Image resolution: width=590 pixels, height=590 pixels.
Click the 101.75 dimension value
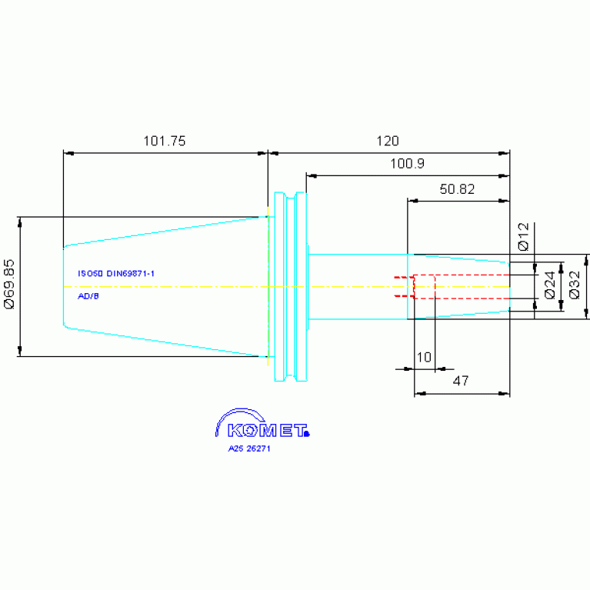coord(165,141)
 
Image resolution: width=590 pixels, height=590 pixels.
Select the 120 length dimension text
coord(388,141)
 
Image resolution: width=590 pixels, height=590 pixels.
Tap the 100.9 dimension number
coord(407,164)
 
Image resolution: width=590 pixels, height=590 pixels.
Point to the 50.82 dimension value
coord(457,189)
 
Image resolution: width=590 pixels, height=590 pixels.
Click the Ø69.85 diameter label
coord(9,284)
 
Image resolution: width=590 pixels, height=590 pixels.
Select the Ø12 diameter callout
coord(523,237)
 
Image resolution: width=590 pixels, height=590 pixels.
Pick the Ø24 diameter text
coord(550,285)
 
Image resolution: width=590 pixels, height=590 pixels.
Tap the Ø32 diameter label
coord(575,285)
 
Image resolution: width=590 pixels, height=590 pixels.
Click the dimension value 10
coord(424,357)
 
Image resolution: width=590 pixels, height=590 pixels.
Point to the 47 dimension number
coord(461,381)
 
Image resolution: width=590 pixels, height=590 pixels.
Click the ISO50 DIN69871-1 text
coord(116,274)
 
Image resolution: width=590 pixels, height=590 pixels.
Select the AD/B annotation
coord(88,296)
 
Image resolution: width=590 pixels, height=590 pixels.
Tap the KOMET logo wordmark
coord(267,431)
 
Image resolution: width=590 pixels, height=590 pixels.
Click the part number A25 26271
coord(249,448)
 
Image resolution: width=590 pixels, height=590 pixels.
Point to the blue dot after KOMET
coord(307,434)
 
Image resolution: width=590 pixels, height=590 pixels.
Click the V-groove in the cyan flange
coord(291,287)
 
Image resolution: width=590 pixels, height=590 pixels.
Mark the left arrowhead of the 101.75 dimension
coord(68,154)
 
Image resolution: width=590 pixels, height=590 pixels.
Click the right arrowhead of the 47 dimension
coord(504,394)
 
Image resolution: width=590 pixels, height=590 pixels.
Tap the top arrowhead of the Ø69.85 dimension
coord(19,222)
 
